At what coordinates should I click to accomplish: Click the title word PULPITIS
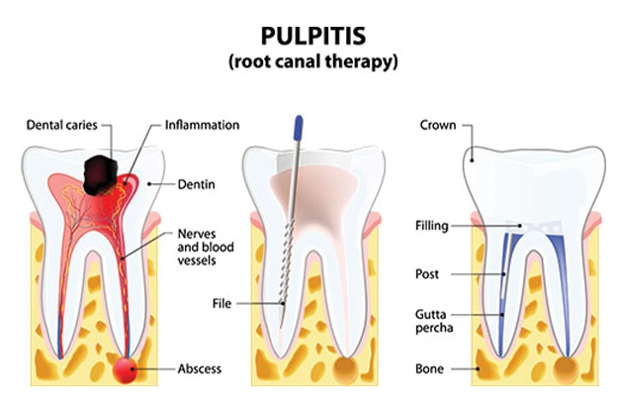(309, 37)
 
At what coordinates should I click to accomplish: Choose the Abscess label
(198, 368)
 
